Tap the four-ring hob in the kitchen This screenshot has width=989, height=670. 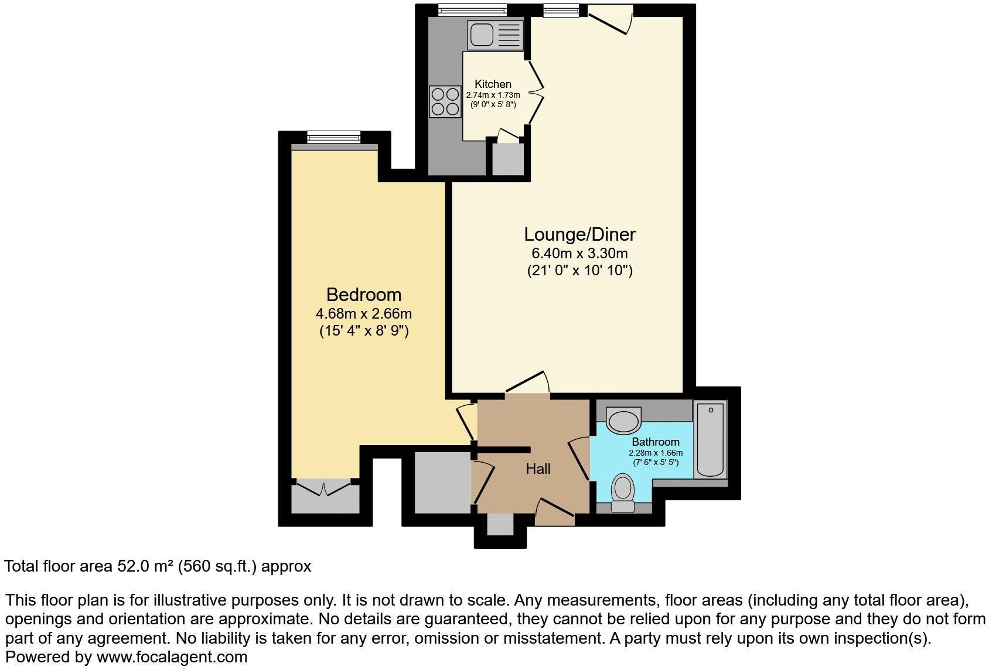[x=445, y=101]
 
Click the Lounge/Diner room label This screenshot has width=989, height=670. [x=579, y=235]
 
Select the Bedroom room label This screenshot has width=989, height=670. [x=363, y=295]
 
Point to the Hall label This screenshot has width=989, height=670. [x=537, y=469]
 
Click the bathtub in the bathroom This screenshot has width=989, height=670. [x=710, y=439]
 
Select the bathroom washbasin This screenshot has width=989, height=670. [x=623, y=421]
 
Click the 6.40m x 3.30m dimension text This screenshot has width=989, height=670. [x=579, y=254]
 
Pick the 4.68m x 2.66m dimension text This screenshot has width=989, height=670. [x=363, y=313]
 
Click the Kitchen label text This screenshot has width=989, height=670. [x=493, y=84]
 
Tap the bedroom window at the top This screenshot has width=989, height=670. [x=333, y=136]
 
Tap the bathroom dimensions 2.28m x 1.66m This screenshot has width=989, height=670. [x=655, y=453]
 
